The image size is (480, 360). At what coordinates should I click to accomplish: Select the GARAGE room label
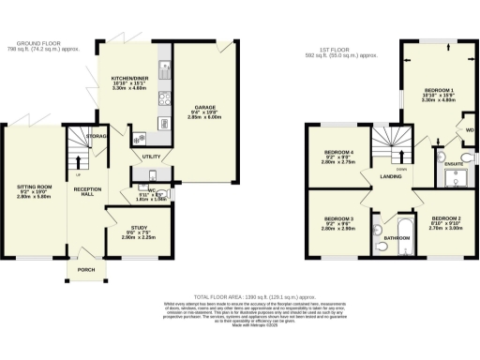[205, 107]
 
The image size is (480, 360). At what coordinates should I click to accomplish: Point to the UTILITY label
[127, 157]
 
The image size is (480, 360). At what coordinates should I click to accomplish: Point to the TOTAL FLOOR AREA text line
[239, 295]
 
